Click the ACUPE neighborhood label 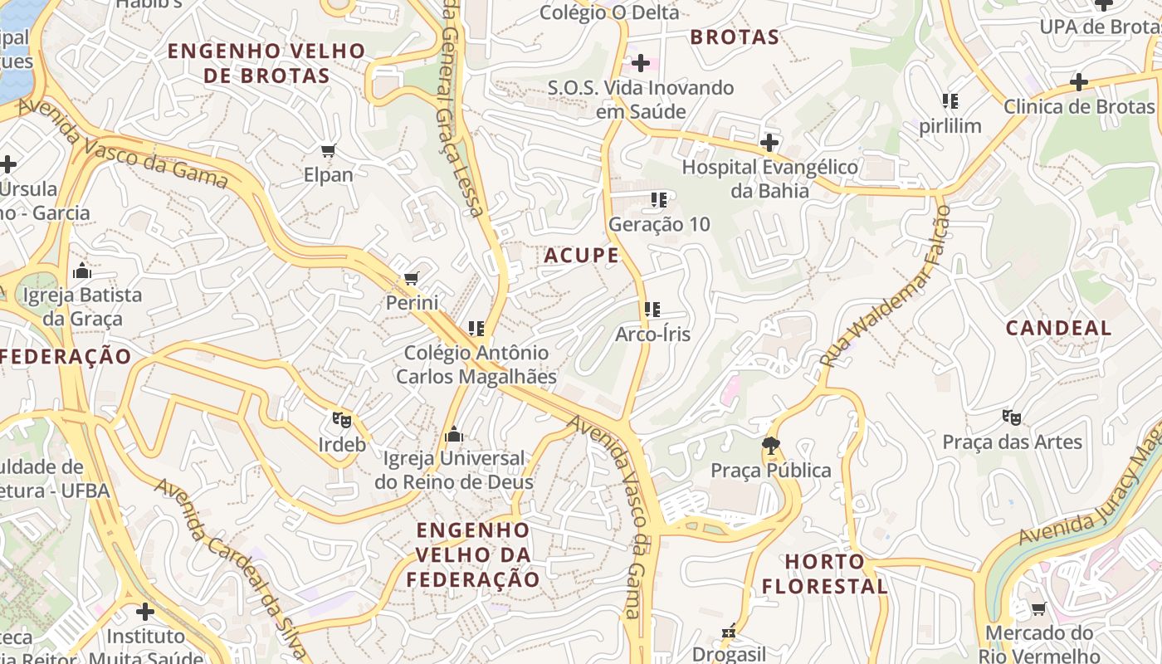pyautogui.click(x=582, y=256)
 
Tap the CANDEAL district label pyautogui.click(x=1058, y=328)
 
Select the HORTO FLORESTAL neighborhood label pyautogui.click(x=825, y=574)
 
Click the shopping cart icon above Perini pyautogui.click(x=412, y=278)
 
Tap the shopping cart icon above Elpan pyautogui.click(x=329, y=150)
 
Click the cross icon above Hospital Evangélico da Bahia pyautogui.click(x=769, y=142)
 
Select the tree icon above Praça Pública pyautogui.click(x=771, y=446)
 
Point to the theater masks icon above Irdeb pyautogui.click(x=342, y=419)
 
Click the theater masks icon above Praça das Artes pyautogui.click(x=1011, y=417)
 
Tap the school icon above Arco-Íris pyautogui.click(x=652, y=310)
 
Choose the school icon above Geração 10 pyautogui.click(x=659, y=199)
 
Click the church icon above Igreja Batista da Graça pyautogui.click(x=81, y=271)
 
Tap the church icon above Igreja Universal pyautogui.click(x=453, y=434)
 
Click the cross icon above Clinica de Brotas pyautogui.click(x=1078, y=81)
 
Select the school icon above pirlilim pyautogui.click(x=950, y=101)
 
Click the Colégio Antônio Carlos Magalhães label pyautogui.click(x=476, y=364)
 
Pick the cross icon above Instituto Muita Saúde pyautogui.click(x=146, y=612)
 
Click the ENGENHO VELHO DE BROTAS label pyautogui.click(x=266, y=63)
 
